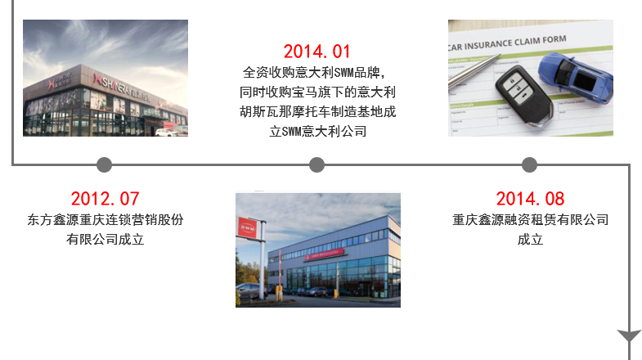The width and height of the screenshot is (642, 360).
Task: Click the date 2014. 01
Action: click(x=317, y=52)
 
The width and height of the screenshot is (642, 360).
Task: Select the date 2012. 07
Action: click(x=106, y=199)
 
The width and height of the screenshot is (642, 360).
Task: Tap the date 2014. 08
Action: click(x=530, y=199)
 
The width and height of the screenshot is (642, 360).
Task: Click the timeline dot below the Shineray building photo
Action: click(x=105, y=164)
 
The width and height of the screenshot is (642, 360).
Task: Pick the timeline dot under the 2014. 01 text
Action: click(x=317, y=164)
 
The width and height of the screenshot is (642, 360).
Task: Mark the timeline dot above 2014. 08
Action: click(x=529, y=164)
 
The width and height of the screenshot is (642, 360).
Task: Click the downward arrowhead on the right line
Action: click(x=629, y=335)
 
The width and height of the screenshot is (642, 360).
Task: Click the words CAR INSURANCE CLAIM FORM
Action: click(x=507, y=43)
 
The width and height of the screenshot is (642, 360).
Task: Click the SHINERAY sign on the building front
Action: click(x=123, y=88)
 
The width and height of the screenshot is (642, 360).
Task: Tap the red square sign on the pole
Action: click(x=247, y=227)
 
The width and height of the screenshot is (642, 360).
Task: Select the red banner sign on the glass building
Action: click(x=324, y=254)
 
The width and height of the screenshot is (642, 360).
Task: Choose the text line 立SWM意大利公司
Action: click(x=317, y=132)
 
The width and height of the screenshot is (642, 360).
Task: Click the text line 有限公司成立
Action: click(x=106, y=239)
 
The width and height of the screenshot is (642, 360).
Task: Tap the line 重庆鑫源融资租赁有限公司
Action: click(x=530, y=220)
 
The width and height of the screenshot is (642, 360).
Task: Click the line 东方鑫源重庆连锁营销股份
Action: click(x=106, y=220)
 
